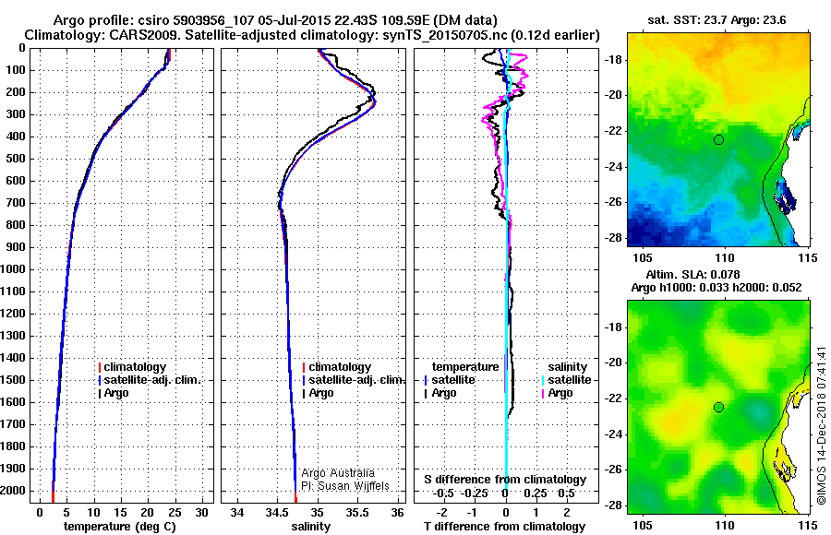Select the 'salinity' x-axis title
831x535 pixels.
coord(309,526)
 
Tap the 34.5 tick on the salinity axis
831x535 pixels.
coord(277,511)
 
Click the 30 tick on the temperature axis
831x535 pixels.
coord(202,511)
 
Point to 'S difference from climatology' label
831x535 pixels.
coord(505,480)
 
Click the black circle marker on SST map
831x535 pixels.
coord(718,139)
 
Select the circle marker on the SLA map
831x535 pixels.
coord(718,407)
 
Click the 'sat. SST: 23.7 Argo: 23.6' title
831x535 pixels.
coord(717,20)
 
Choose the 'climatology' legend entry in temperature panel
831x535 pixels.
coord(139,367)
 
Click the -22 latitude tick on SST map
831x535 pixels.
coord(612,131)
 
